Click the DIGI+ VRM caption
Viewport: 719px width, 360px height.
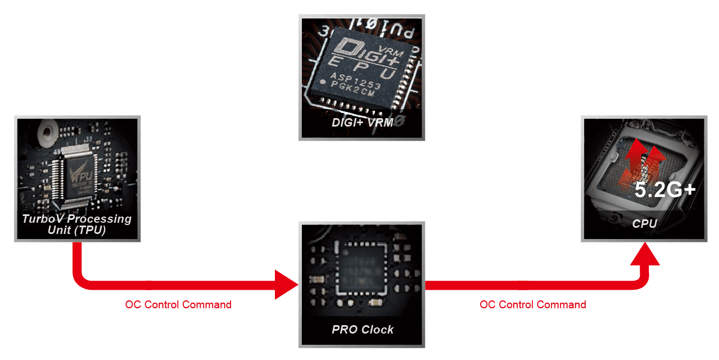(x=362, y=123)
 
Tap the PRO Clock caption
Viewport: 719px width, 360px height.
(x=363, y=329)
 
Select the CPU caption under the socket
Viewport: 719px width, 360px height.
(x=644, y=223)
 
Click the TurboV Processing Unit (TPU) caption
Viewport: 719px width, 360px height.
(x=77, y=224)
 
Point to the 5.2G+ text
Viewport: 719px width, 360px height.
(x=665, y=190)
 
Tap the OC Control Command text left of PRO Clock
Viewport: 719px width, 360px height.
(x=178, y=304)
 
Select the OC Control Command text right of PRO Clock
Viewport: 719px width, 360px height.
(x=532, y=304)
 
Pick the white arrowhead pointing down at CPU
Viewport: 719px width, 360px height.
(x=644, y=105)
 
